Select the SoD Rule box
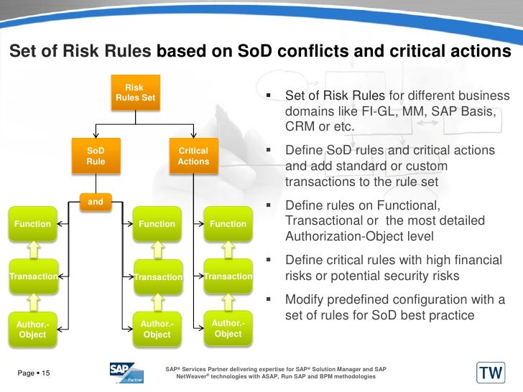96,156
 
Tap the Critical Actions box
193,156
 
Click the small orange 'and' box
96,202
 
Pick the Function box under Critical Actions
228,224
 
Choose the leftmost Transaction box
32,276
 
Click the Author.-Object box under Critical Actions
228,328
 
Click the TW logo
491,373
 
